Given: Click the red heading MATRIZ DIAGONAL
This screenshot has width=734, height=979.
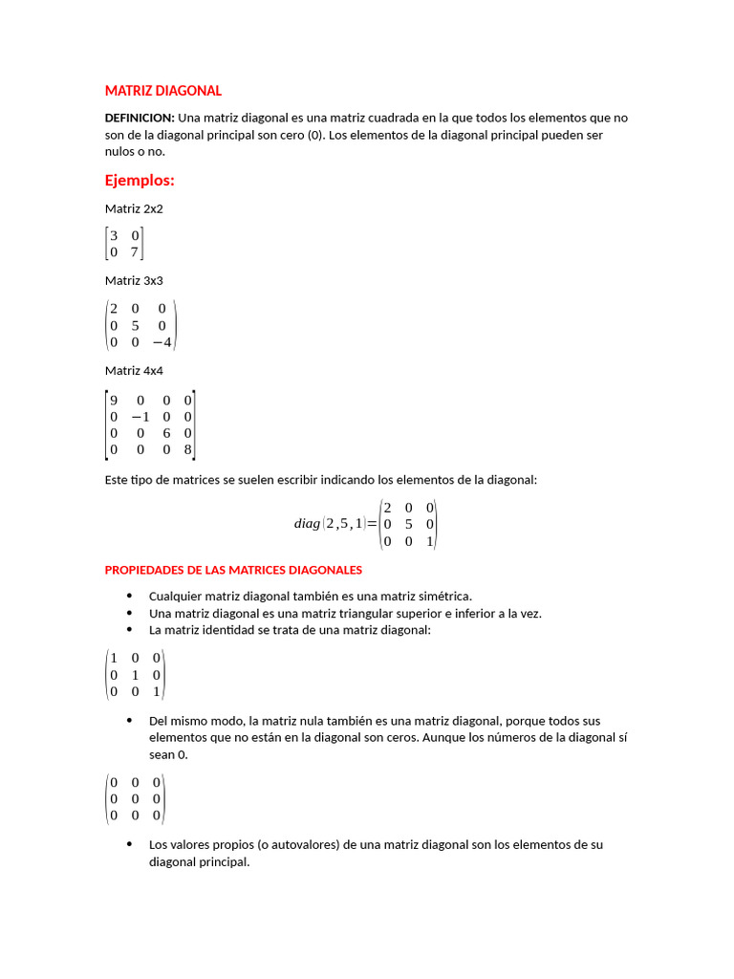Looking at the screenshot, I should (162, 91).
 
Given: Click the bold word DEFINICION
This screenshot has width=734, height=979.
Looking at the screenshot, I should (140, 118).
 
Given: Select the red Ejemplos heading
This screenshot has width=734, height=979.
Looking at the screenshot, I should (140, 181).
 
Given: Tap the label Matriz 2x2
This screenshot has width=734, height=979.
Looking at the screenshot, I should (134, 208).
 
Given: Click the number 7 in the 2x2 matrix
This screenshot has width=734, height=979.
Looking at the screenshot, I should (135, 252).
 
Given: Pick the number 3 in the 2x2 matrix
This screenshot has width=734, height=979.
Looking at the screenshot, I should (114, 235).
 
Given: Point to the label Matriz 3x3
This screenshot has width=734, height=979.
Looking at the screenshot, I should (134, 281).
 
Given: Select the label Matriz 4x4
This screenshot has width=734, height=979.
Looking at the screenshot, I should (134, 370).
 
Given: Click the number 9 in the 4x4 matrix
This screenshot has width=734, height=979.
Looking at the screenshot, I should (114, 401).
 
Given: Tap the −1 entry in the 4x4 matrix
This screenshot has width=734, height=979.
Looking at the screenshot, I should (140, 417).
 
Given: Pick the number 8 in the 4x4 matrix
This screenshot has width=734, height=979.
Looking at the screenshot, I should (187, 448).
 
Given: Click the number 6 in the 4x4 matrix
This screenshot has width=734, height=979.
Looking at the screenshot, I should (166, 432).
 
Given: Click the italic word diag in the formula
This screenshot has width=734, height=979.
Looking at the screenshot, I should (307, 524).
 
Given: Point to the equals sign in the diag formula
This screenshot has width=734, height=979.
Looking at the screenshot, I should (372, 524).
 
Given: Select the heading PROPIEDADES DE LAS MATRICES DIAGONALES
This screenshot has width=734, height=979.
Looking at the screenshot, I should (233, 570).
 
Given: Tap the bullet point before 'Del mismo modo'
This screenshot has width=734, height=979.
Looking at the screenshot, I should (129, 721).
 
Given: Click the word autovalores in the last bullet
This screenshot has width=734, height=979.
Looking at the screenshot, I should (301, 845).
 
